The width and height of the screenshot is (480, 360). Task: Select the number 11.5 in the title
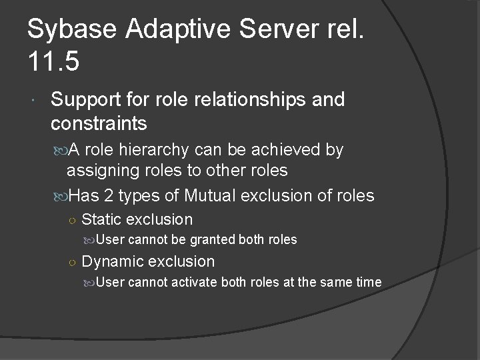53,62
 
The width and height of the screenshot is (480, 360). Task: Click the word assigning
98,171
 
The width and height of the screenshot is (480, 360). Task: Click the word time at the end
369,282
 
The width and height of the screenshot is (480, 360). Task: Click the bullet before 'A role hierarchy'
58,150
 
